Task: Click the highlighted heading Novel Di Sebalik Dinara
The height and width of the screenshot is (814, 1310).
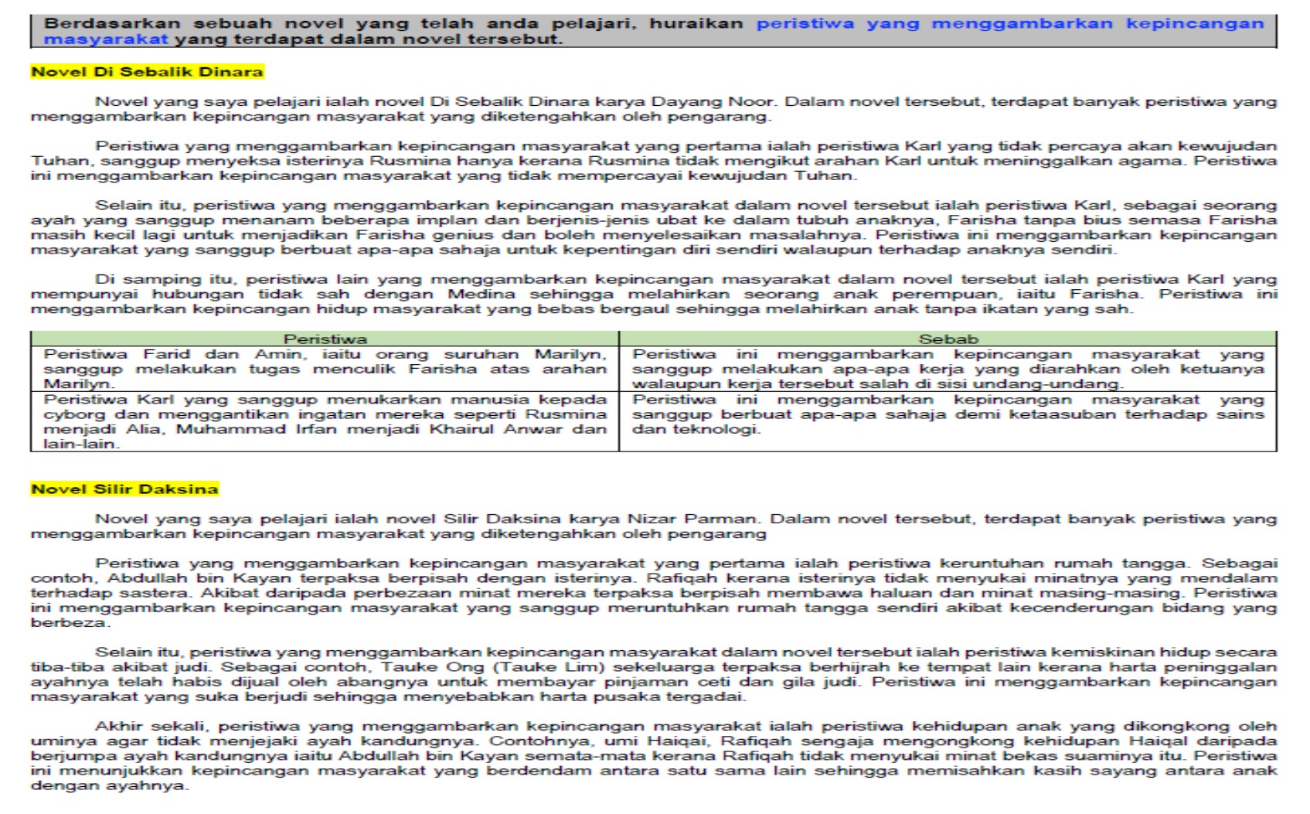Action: click(147, 72)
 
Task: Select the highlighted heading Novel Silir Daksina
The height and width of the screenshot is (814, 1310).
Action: click(124, 489)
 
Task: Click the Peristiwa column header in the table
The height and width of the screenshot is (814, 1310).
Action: click(325, 339)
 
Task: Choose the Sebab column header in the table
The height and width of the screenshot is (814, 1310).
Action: click(948, 339)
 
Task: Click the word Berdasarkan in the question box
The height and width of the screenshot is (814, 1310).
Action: click(111, 23)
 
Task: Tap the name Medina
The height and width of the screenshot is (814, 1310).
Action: click(481, 294)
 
